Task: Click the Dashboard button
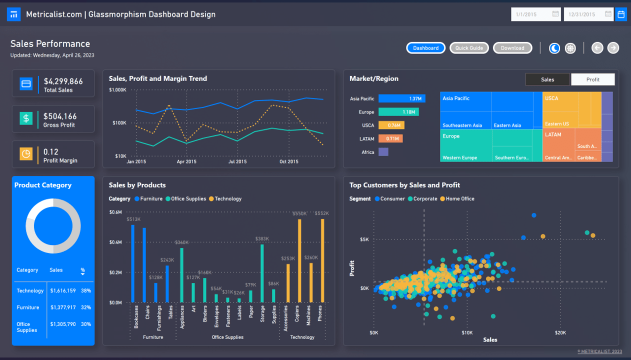(425, 48)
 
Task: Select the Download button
(512, 48)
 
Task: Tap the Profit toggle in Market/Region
(592, 79)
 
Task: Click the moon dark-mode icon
(554, 48)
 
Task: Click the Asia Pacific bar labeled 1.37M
(401, 99)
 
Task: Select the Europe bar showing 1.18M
(398, 112)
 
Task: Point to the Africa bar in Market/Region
(383, 152)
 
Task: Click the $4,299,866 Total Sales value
(63, 81)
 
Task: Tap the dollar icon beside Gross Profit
(26, 118)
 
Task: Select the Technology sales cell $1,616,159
(63, 290)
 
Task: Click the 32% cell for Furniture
(85, 307)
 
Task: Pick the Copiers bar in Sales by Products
(299, 260)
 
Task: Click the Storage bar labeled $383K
(262, 273)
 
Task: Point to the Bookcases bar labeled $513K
(133, 263)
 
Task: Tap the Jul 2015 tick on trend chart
(237, 161)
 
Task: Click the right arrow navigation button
(613, 48)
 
